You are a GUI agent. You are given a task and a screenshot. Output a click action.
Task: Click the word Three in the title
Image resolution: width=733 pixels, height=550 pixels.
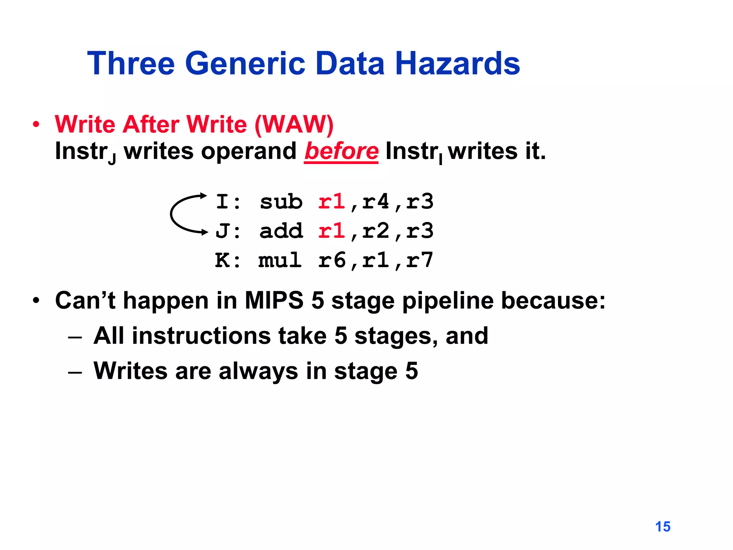pyautogui.click(x=131, y=63)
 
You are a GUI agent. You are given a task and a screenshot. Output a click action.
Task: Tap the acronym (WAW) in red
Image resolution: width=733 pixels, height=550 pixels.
pyautogui.click(x=294, y=125)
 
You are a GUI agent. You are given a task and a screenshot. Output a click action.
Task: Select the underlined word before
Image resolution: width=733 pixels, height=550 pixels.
pyautogui.click(x=341, y=151)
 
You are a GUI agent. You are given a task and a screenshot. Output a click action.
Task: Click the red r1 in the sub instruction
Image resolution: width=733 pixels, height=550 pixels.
pyautogui.click(x=331, y=202)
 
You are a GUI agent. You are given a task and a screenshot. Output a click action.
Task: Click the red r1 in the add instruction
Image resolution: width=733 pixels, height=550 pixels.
pyautogui.click(x=331, y=231)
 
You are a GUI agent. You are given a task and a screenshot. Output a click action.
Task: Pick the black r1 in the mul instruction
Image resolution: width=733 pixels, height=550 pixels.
pyautogui.click(x=375, y=260)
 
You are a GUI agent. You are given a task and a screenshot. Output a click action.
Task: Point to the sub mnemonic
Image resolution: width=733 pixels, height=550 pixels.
pyautogui.click(x=281, y=202)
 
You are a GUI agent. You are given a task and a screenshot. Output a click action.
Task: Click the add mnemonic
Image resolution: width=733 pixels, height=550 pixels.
pyautogui.click(x=281, y=231)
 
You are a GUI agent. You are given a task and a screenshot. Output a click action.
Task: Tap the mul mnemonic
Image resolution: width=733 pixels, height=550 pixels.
pyautogui.click(x=280, y=260)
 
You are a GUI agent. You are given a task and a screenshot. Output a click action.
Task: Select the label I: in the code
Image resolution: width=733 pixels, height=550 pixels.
pyautogui.click(x=228, y=202)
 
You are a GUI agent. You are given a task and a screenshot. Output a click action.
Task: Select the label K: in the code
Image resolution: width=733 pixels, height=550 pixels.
pyautogui.click(x=228, y=260)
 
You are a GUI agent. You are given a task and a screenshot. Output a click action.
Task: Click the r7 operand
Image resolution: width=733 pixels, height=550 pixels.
pyautogui.click(x=419, y=260)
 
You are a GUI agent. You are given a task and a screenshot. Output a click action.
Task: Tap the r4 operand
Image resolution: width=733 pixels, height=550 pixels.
pyautogui.click(x=375, y=202)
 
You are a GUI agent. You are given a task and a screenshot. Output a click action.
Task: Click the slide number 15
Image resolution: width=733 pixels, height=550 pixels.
pyautogui.click(x=662, y=527)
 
